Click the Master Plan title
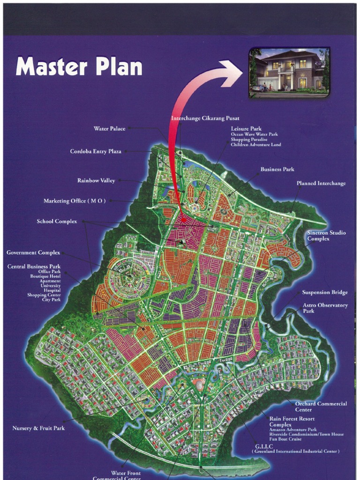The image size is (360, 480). (79, 67)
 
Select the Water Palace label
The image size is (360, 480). (110, 128)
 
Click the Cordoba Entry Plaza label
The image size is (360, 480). (96, 151)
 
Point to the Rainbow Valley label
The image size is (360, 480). (96, 180)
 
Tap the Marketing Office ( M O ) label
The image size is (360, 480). (75, 201)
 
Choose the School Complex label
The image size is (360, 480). (57, 221)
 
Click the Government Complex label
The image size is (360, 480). (33, 253)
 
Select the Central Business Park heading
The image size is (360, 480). (34, 267)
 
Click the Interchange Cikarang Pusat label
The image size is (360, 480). (202, 118)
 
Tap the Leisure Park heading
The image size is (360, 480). (246, 128)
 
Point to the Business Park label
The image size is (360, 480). (277, 169)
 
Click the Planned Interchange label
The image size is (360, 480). (321, 183)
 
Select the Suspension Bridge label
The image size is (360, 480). (325, 292)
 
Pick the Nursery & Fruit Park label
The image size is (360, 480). (38, 428)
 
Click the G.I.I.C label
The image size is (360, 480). (264, 446)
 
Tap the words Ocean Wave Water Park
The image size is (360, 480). (254, 135)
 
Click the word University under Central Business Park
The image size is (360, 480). (51, 285)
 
